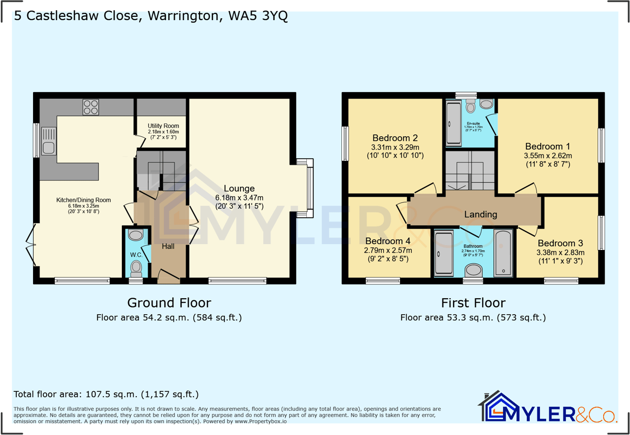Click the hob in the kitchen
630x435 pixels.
coord(91,107)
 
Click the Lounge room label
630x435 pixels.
coord(241,188)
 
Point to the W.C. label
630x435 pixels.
coord(137,255)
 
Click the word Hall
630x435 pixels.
coord(168,246)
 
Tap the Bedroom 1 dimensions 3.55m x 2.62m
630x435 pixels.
coord(548,155)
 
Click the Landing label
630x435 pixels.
coord(480,214)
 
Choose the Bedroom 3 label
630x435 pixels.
coord(558,243)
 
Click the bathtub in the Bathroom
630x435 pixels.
coord(503,253)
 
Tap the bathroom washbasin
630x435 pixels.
coord(474,270)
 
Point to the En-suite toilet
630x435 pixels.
coord(470,106)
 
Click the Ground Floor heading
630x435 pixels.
coord(169,303)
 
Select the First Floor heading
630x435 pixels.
coord(473,303)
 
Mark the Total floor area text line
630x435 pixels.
coord(106,394)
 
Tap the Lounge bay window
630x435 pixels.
coord(309,188)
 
